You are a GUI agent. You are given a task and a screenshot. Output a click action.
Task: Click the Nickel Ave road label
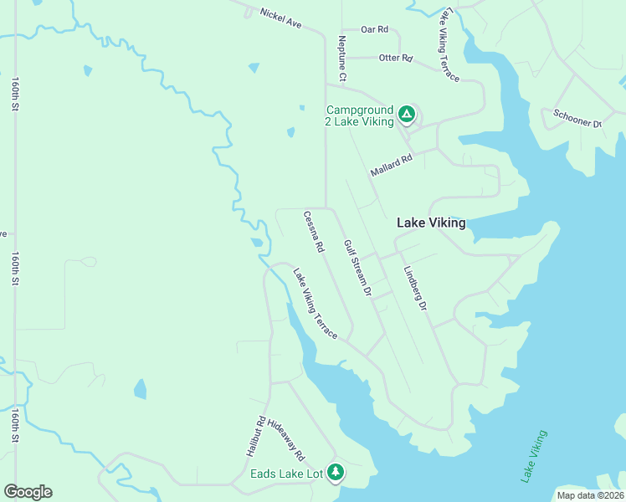[280, 18]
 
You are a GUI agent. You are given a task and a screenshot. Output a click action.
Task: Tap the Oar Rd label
[375, 29]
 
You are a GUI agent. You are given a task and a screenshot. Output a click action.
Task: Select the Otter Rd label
[396, 59]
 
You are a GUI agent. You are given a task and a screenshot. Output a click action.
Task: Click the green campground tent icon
[406, 114]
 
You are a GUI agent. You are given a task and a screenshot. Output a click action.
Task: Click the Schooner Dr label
[577, 118]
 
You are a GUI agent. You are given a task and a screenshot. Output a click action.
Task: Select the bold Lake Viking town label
[430, 223]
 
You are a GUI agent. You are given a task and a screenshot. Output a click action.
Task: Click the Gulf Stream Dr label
[357, 268]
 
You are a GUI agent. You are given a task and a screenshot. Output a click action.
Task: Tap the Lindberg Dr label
[415, 289]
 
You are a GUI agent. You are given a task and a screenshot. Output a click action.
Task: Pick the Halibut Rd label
[255, 436]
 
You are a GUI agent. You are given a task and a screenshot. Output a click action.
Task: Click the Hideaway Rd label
[286, 441]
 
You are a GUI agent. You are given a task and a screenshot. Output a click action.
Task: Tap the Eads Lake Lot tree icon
[336, 473]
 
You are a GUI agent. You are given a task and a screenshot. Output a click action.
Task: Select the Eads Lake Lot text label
[287, 474]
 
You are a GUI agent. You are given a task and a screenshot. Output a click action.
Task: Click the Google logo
[28, 492]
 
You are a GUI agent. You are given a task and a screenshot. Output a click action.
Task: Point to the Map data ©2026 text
[590, 495]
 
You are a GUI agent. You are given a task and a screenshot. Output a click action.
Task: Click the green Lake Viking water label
[534, 456]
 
